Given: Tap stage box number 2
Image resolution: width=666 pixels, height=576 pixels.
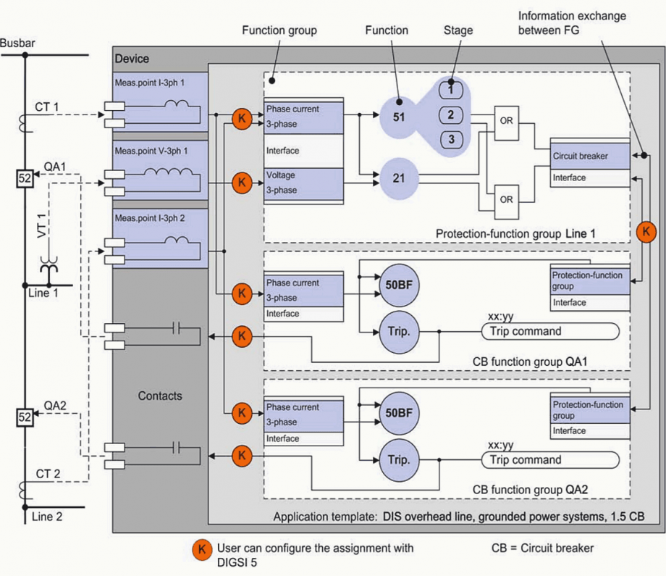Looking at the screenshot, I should tap(450, 115).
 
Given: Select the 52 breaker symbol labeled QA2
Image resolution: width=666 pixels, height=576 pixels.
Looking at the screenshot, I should tap(25, 418).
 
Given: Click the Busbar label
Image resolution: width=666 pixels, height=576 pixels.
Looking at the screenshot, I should tap(18, 43).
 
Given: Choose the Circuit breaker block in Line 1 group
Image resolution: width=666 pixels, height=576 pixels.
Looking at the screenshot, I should tap(580, 156).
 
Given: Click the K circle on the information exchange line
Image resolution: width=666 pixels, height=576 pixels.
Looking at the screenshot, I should tap(646, 232).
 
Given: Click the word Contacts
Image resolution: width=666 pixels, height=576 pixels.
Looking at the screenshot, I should tap(160, 396).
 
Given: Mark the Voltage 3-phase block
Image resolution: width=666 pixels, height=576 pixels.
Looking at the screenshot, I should tap(303, 183).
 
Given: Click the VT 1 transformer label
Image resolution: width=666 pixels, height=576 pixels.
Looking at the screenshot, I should tap(41, 230).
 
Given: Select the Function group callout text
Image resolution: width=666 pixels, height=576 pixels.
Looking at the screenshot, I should tap(279, 31).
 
